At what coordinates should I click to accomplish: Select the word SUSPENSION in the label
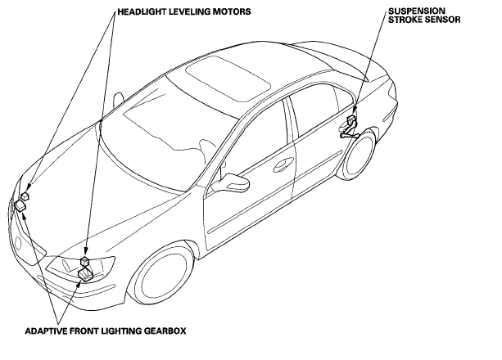(x=417, y=11)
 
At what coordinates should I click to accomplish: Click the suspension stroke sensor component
(x=350, y=127)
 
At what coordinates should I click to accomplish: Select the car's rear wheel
(x=359, y=155)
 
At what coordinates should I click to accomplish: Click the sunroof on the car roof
(x=228, y=79)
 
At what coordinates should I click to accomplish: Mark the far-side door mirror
(x=119, y=97)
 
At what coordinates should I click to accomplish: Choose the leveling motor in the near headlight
(x=85, y=260)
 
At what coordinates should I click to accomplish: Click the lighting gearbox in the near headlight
(x=86, y=275)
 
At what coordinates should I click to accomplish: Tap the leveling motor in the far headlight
(x=25, y=196)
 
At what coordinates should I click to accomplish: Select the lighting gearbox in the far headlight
(x=20, y=205)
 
